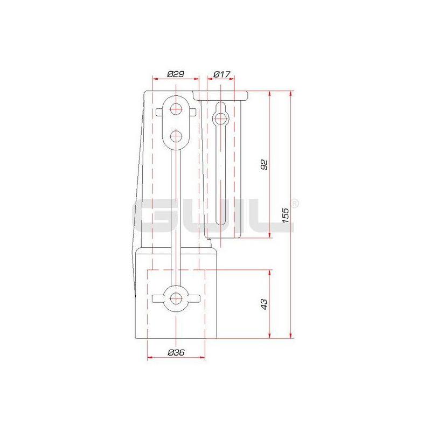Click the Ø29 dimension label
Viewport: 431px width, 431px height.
176,74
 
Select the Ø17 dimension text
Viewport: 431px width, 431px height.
221,74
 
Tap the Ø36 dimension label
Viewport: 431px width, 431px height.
176,352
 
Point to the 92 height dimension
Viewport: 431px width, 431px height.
263,164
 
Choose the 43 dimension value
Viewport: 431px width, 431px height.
263,304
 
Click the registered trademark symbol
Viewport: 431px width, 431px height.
294,204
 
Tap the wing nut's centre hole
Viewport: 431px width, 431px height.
176,298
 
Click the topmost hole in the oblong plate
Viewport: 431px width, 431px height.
176,109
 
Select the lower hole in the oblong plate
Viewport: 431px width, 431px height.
176,136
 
